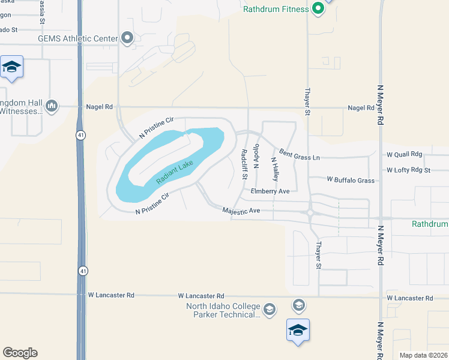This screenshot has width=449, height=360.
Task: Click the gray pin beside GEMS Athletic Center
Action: (127, 38)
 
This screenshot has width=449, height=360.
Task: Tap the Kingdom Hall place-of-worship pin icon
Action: (52, 106)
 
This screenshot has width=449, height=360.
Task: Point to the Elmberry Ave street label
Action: (270, 191)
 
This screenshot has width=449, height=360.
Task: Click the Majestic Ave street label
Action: (241, 211)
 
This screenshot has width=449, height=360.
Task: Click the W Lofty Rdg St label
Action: (409, 170)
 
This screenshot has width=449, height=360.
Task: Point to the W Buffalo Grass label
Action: (351, 180)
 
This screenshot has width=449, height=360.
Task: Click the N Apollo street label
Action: (256, 155)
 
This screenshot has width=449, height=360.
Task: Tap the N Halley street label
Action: (275, 169)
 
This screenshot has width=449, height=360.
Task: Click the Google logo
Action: (20, 353)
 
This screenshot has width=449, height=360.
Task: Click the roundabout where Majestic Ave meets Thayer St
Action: (310, 212)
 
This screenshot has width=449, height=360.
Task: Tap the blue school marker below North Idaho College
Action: (298, 331)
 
